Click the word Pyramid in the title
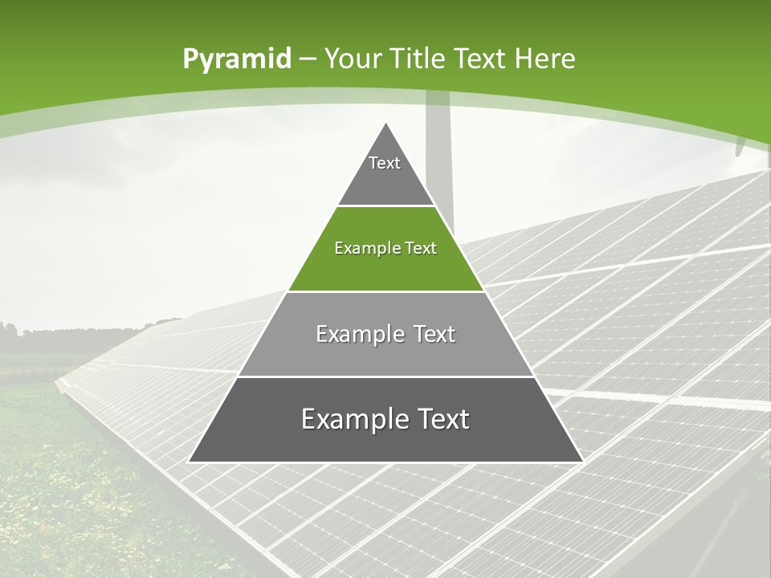tap(236, 59)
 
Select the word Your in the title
tap(356, 59)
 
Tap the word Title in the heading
tap(418, 59)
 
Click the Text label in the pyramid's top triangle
tap(385, 163)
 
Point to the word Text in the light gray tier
tap(435, 334)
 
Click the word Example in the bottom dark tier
tap(352, 419)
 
